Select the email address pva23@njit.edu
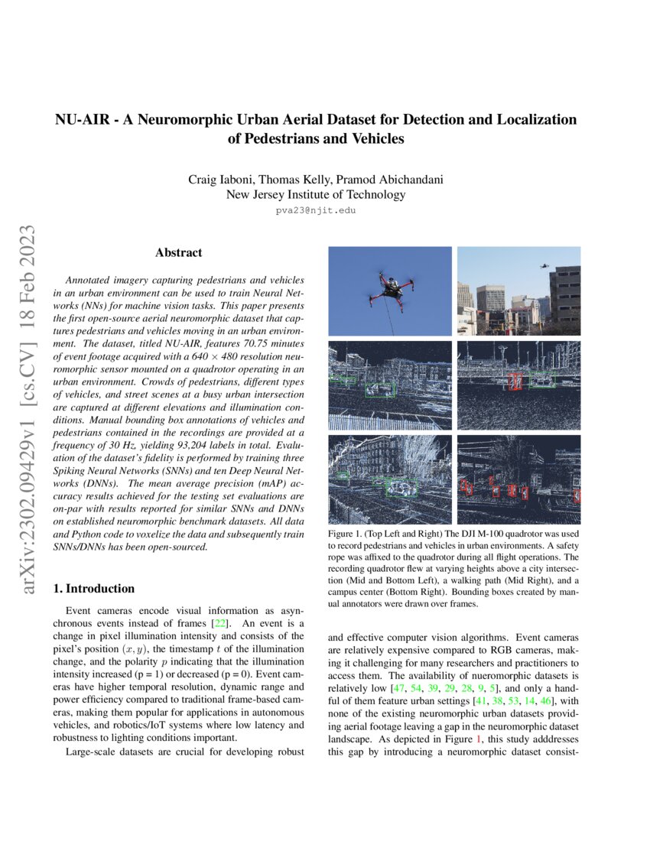pos(316,209)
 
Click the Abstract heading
pos(178,252)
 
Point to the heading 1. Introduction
pos(94,589)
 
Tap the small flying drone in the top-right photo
pos(544,266)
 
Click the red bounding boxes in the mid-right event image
pos(516,380)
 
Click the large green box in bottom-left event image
pos(401,488)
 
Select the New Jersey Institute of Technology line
pos(316,194)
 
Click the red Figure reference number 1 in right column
pos(478,740)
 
